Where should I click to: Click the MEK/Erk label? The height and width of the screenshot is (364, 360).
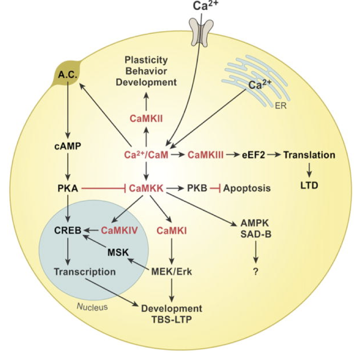pyautogui.click(x=172, y=272)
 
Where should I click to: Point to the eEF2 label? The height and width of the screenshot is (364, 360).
pyautogui.click(x=253, y=155)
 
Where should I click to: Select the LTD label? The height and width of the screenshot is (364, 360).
pyautogui.click(x=310, y=186)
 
